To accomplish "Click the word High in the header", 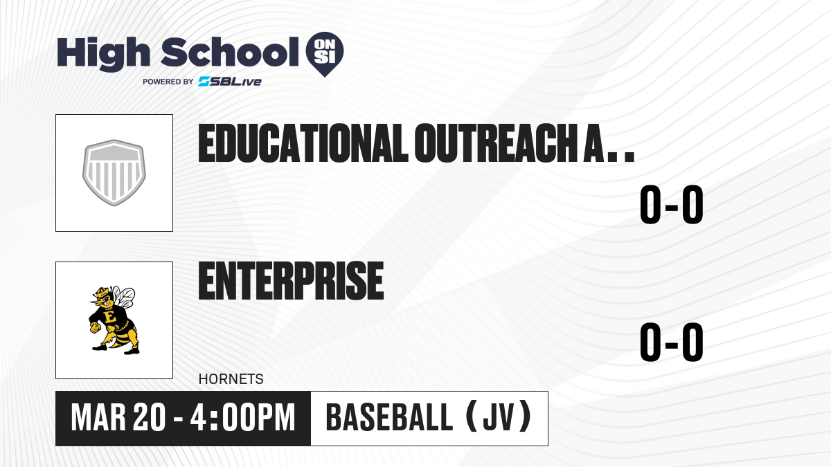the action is (x=103, y=54).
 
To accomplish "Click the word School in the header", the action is (x=230, y=52).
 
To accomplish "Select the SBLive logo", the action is (x=230, y=82).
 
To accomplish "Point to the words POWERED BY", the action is (x=168, y=82).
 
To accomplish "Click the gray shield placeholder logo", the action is (x=114, y=173).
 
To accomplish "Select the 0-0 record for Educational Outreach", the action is (x=672, y=204).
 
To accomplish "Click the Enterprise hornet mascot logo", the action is (x=113, y=320).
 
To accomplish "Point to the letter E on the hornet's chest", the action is (x=110, y=317).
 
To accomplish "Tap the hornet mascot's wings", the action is (x=123, y=297).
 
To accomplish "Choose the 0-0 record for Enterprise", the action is (x=672, y=342).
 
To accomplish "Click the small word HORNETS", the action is (x=231, y=379).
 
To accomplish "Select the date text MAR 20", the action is (x=118, y=418).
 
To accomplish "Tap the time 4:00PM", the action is (x=242, y=418).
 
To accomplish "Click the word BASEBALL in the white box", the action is (x=389, y=417).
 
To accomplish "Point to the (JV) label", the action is (x=499, y=417).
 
